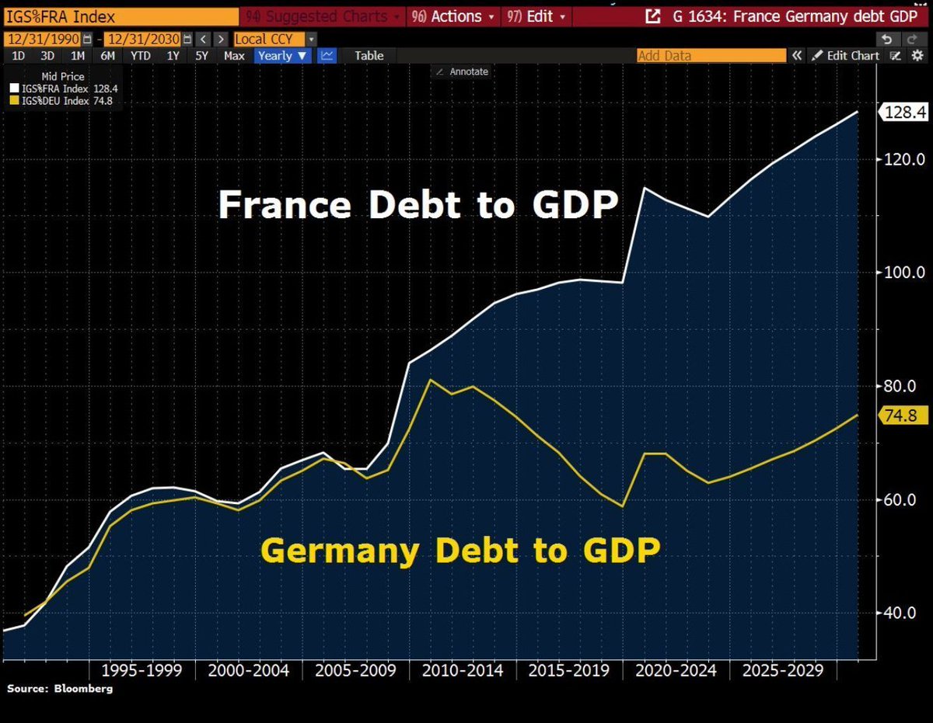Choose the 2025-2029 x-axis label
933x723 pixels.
click(x=782, y=670)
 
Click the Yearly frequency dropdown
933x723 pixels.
click(x=283, y=55)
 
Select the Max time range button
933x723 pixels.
click(x=234, y=55)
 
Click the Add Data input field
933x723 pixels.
click(x=711, y=55)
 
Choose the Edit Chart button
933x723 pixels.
click(x=847, y=55)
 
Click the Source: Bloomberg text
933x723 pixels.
click(x=60, y=689)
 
